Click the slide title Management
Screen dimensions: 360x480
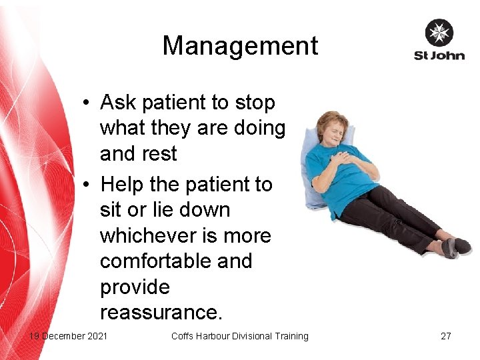[240, 46]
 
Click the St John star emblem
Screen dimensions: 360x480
[439, 33]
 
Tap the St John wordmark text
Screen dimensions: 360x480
[439, 56]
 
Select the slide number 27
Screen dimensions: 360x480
[445, 336]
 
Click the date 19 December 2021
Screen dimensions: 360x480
[67, 336]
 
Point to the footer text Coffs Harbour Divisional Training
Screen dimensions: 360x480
[239, 336]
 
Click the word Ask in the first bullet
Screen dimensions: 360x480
[117, 103]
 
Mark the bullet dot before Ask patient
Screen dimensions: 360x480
[87, 103]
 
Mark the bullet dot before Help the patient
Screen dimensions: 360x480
[87, 185]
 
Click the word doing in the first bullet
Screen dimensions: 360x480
[260, 128]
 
